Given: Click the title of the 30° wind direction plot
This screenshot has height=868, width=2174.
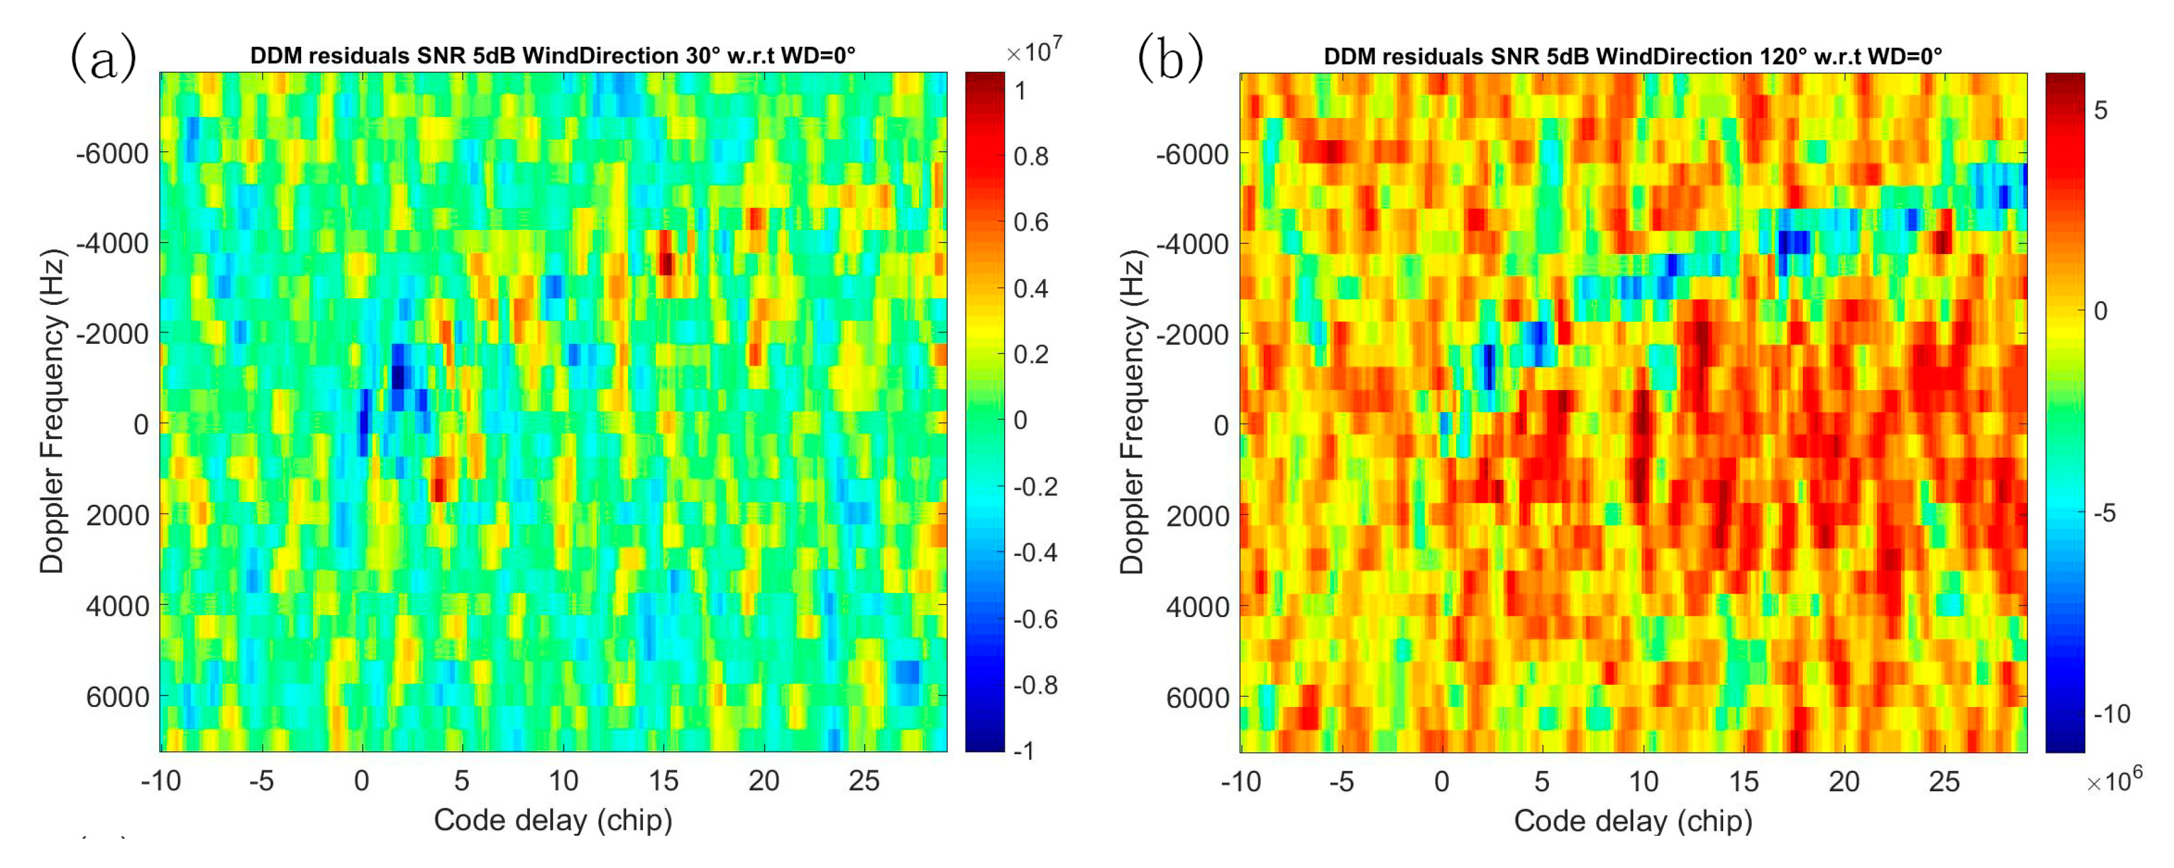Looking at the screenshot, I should pyautogui.click(x=553, y=56).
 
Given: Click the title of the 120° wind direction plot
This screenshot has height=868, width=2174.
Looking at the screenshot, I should pyautogui.click(x=1632, y=56).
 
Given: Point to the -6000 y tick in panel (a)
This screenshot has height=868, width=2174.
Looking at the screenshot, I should pyautogui.click(x=112, y=154).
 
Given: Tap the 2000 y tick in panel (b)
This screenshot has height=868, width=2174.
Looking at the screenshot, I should pyautogui.click(x=1197, y=515).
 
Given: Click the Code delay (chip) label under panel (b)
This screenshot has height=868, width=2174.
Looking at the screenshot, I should pyautogui.click(x=1633, y=821).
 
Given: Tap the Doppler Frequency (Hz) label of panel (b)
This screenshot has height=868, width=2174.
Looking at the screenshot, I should pyautogui.click(x=1133, y=412).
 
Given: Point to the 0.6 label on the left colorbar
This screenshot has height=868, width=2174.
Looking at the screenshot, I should pyautogui.click(x=1030, y=222).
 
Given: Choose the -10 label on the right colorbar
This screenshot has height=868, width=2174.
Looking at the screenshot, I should pyautogui.click(x=2112, y=714).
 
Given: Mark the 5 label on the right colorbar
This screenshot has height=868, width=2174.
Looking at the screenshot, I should pyautogui.click(x=2100, y=111).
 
